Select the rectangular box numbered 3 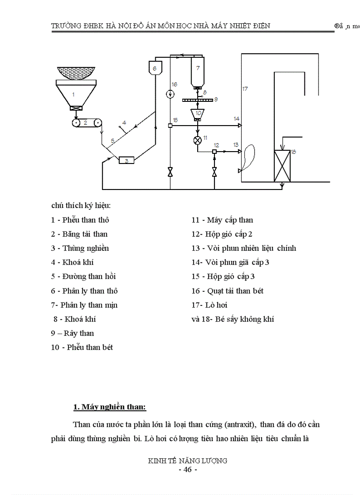click(126, 161)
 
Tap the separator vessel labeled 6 click(154, 68)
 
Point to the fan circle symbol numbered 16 click(170, 94)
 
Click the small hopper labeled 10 click(198, 114)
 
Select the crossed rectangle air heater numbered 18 click(282, 166)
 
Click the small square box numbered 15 click(170, 126)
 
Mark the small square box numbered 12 click(214, 152)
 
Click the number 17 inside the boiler click(245, 89)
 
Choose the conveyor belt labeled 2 click(87, 123)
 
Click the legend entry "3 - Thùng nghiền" click(80, 248)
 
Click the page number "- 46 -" click(187, 469)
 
